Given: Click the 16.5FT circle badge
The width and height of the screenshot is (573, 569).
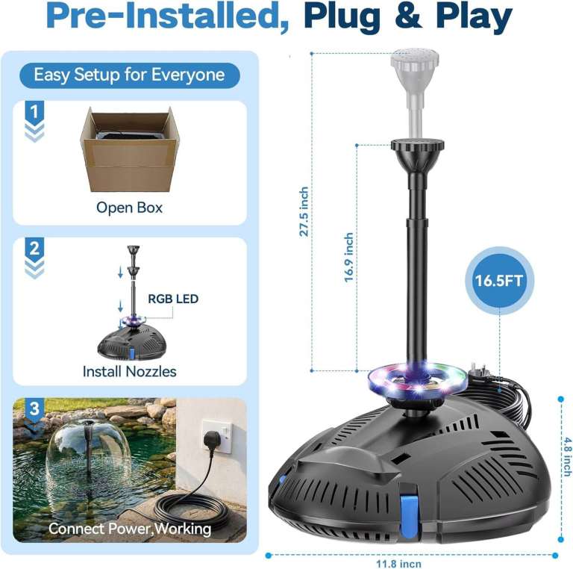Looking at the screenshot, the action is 499,281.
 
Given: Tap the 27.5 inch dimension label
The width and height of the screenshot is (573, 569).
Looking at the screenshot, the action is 304,212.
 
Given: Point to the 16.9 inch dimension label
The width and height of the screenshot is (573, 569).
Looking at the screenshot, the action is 349,257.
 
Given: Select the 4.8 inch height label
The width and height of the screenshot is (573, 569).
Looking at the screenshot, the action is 567,457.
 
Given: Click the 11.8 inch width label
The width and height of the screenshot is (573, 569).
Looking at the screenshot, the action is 398,564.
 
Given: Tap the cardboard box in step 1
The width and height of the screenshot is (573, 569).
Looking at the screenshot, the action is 130,149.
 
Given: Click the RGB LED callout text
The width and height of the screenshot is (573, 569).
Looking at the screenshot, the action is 173,299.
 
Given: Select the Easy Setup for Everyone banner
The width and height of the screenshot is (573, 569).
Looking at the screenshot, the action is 130,75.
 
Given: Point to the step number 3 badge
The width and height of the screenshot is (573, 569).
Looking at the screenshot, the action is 34,408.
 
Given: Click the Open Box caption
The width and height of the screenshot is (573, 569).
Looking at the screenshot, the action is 129,208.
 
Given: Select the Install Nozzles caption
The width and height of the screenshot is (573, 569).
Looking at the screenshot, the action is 129,372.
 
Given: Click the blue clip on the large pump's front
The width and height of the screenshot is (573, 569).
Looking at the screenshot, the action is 409,516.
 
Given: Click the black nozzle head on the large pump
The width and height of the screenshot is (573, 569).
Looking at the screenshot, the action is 418,146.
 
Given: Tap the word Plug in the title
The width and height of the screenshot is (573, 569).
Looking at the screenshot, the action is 342,17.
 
